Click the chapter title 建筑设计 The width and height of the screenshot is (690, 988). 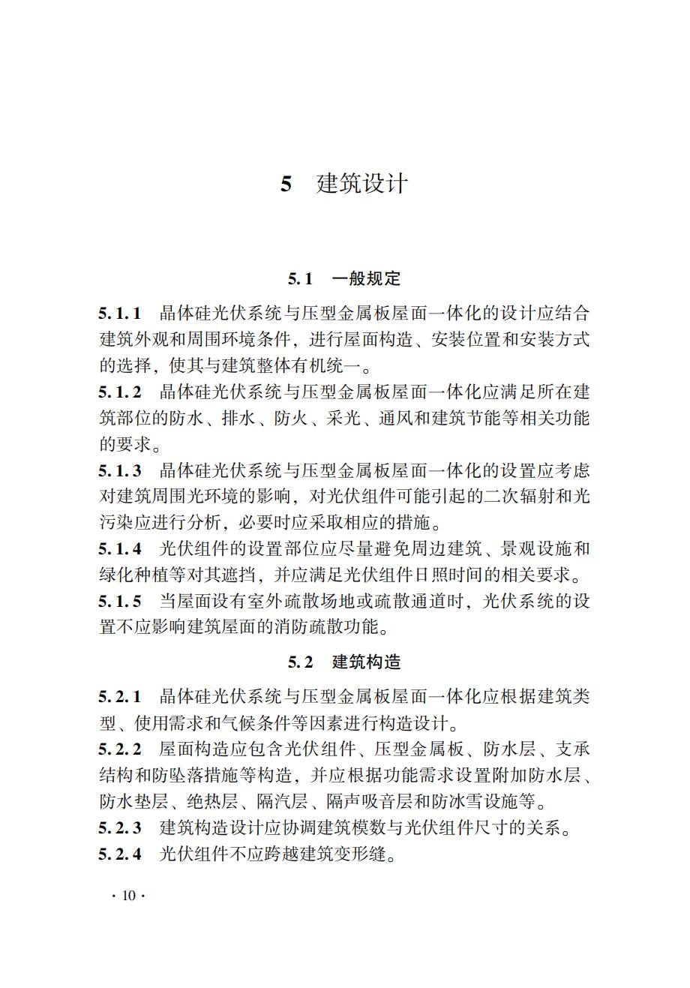tap(362, 184)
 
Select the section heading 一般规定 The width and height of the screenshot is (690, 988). tap(366, 279)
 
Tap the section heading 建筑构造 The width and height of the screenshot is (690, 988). tap(366, 662)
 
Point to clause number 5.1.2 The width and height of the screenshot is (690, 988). tap(120, 392)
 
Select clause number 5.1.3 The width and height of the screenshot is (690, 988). tap(120, 470)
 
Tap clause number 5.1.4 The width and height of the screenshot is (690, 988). tap(120, 549)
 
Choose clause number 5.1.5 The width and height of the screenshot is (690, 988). tap(120, 602)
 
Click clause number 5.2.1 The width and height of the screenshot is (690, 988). tap(120, 697)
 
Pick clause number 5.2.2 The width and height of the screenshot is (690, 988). tap(120, 749)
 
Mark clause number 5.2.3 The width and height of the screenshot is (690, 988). tap(120, 829)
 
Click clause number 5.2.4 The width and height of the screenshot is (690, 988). tap(120, 854)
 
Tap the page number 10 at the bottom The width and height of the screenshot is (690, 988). tap(128, 896)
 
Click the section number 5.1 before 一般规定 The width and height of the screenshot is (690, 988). tap(300, 279)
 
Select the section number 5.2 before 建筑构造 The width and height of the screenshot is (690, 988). tap(300, 662)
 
